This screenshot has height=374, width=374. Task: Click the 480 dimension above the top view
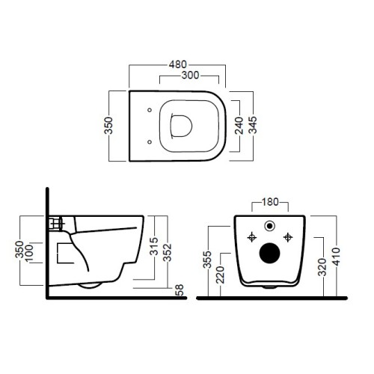pos(177,64)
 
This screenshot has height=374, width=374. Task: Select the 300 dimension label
pos(190,76)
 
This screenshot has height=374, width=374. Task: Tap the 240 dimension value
pos(239,126)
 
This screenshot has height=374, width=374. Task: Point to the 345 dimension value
pos(253,125)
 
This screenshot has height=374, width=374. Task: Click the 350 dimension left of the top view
pos(108,126)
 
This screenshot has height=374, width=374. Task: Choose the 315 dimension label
pos(154,246)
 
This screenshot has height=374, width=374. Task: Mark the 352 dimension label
pos(168,252)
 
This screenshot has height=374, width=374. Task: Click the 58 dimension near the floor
pos(180,290)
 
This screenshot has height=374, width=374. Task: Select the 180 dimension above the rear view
pos(270,202)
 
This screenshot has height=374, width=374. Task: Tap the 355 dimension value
pos(207,260)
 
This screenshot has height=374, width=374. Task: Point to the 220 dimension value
pos(221,275)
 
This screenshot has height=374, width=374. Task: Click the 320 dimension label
pos(322,267)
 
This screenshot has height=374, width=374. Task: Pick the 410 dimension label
pos(336,257)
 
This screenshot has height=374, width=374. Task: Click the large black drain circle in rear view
pos(269,253)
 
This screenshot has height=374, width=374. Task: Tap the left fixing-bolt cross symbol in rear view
pos(252,237)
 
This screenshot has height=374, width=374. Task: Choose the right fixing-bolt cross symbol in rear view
pos(288,237)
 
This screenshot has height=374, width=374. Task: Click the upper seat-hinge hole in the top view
pos(150,110)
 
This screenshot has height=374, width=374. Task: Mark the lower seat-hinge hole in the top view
pos(150,142)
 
